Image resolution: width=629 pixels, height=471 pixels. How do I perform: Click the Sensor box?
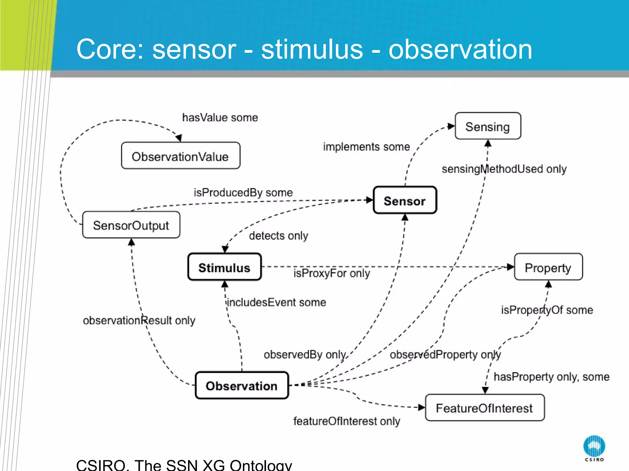tap(405, 200)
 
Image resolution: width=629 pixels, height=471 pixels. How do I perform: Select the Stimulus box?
tap(225, 267)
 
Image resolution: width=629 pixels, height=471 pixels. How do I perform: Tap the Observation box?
tap(242, 385)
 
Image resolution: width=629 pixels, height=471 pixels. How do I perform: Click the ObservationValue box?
tap(181, 156)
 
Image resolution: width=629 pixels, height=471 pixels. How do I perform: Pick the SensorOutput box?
tap(131, 225)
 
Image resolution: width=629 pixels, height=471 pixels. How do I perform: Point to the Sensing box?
tap(488, 126)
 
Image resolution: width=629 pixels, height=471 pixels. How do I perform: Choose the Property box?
tap(548, 267)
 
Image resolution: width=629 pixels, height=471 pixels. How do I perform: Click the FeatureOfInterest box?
tap(485, 408)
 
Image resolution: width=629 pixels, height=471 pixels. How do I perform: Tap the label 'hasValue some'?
tap(220, 117)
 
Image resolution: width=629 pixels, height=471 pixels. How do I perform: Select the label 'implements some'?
tap(366, 147)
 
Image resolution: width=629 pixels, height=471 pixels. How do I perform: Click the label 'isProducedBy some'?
tap(243, 193)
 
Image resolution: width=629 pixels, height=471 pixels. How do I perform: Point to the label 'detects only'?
tap(278, 235)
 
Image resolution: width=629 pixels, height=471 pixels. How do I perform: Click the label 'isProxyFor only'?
tap(331, 273)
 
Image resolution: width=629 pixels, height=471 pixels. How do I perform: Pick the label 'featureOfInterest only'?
tap(346, 421)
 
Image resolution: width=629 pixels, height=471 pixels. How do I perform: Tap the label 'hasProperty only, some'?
tap(551, 377)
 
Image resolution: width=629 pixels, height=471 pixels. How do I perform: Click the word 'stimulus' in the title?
tap(312, 50)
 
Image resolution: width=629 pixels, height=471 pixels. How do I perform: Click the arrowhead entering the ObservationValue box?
tap(179, 138)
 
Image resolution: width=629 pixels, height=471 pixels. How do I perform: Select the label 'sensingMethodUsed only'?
tap(504, 169)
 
